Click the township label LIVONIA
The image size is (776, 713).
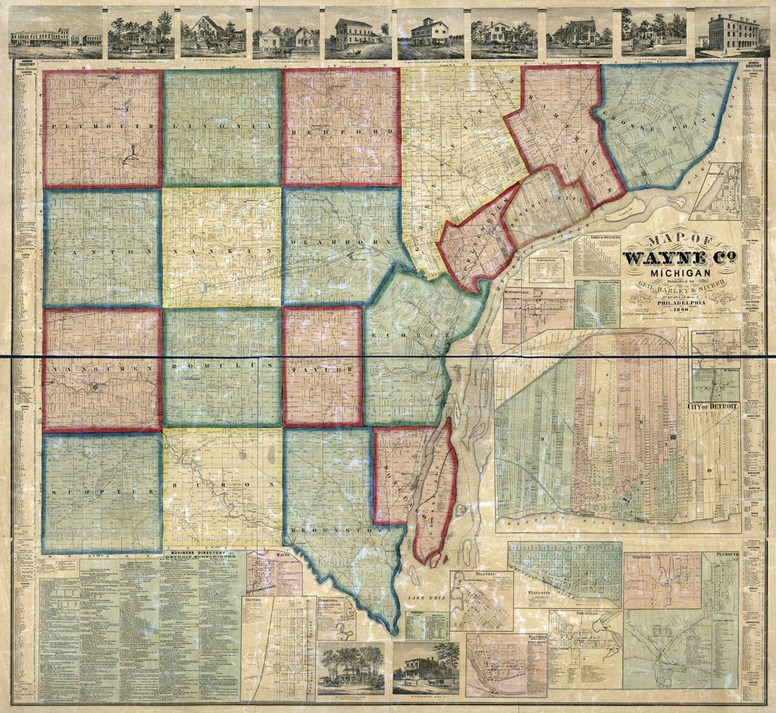(x=222, y=126)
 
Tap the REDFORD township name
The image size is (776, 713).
(x=341, y=133)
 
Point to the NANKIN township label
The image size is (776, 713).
(x=222, y=252)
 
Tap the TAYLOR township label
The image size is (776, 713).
(x=323, y=371)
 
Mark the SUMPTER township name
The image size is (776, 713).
(x=101, y=492)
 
